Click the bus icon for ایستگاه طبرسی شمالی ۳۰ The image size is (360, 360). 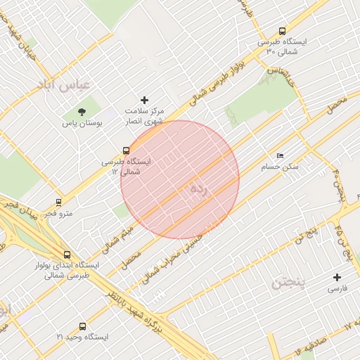pos(282,31)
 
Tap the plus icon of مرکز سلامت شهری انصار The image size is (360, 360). pos(145,101)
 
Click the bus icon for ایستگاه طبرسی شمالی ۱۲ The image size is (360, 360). pos(126,150)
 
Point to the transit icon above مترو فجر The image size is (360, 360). pos(58,202)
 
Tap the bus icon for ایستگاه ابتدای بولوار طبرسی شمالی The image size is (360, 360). pos(67,255)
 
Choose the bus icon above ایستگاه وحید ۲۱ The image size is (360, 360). pos(83,327)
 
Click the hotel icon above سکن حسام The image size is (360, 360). pos(281,156)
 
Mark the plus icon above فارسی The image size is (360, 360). pos(337,278)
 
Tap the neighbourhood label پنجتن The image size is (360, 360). pos(288,283)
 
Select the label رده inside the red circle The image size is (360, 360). pos(199,188)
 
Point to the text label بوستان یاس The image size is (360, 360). pos(83,123)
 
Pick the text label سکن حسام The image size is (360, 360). pos(281,167)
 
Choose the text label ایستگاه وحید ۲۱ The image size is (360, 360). pos(83,337)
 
